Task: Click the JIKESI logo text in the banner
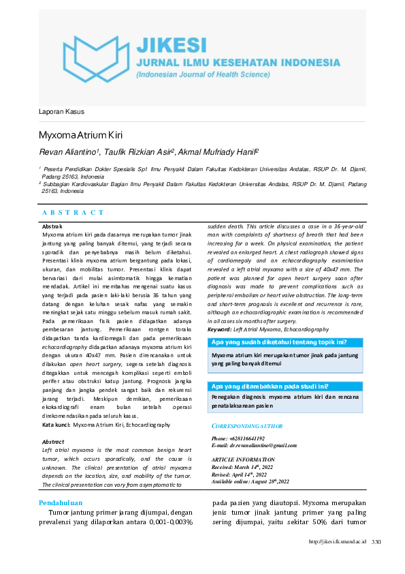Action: point(171,45)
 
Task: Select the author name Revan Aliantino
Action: point(69,152)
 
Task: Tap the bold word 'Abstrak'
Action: point(52,226)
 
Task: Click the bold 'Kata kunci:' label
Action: point(56,425)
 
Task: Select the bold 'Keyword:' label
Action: point(221,329)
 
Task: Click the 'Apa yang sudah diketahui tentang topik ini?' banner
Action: point(280,342)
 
